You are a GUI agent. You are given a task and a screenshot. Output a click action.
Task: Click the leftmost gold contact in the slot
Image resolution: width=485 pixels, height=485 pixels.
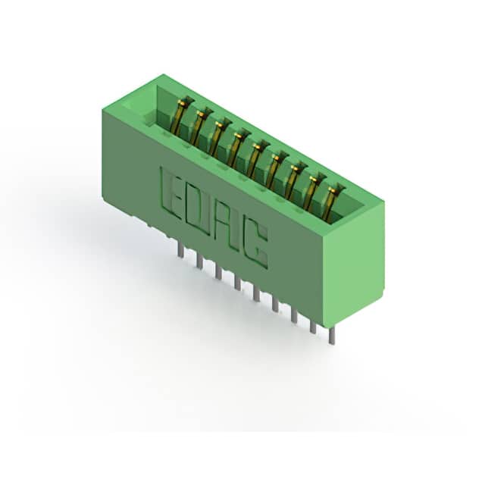tap(182, 115)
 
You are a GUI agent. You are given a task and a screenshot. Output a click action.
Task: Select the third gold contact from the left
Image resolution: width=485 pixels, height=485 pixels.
tap(219, 137)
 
